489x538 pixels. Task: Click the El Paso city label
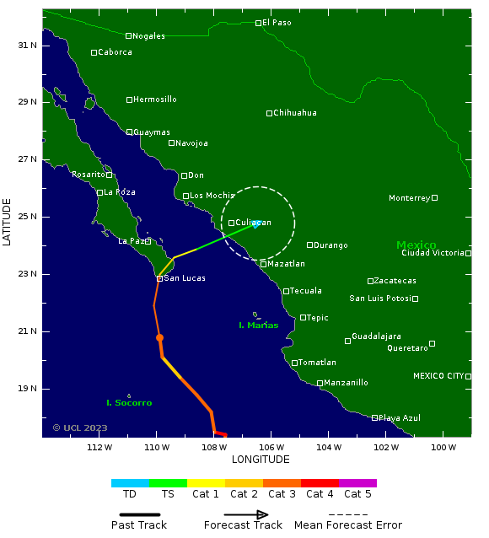277,23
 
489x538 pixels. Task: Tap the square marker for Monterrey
434,197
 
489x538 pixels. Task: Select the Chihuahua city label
295,113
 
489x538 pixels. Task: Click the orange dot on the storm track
159,337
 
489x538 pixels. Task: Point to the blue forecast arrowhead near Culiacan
256,223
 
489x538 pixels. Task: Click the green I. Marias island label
258,325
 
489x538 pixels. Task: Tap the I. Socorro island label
129,403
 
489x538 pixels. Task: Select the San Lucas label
185,278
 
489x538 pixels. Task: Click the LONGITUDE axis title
261,460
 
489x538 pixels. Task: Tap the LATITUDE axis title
8,223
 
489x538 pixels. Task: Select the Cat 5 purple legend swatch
357,483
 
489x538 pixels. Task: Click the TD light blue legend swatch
130,483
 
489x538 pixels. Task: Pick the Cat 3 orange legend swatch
282,483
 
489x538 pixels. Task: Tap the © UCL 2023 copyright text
80,428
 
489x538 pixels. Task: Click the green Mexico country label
416,245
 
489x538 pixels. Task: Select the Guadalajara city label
376,336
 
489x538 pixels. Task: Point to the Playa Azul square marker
374,417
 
